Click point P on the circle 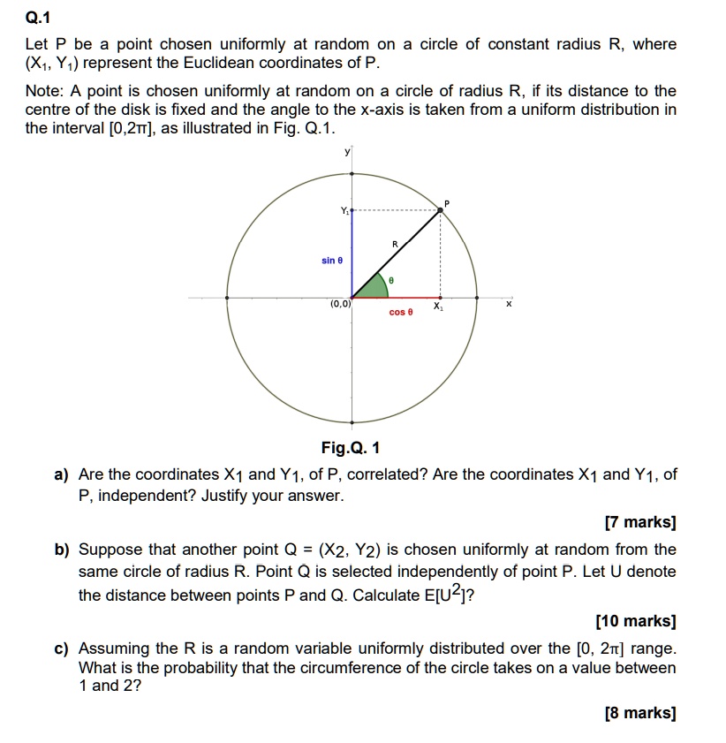click(441, 209)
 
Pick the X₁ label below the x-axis click(439, 307)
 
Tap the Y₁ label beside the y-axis click(344, 210)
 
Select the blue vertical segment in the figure click(352, 256)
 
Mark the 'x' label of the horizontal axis click(508, 305)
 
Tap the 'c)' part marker click(62, 648)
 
